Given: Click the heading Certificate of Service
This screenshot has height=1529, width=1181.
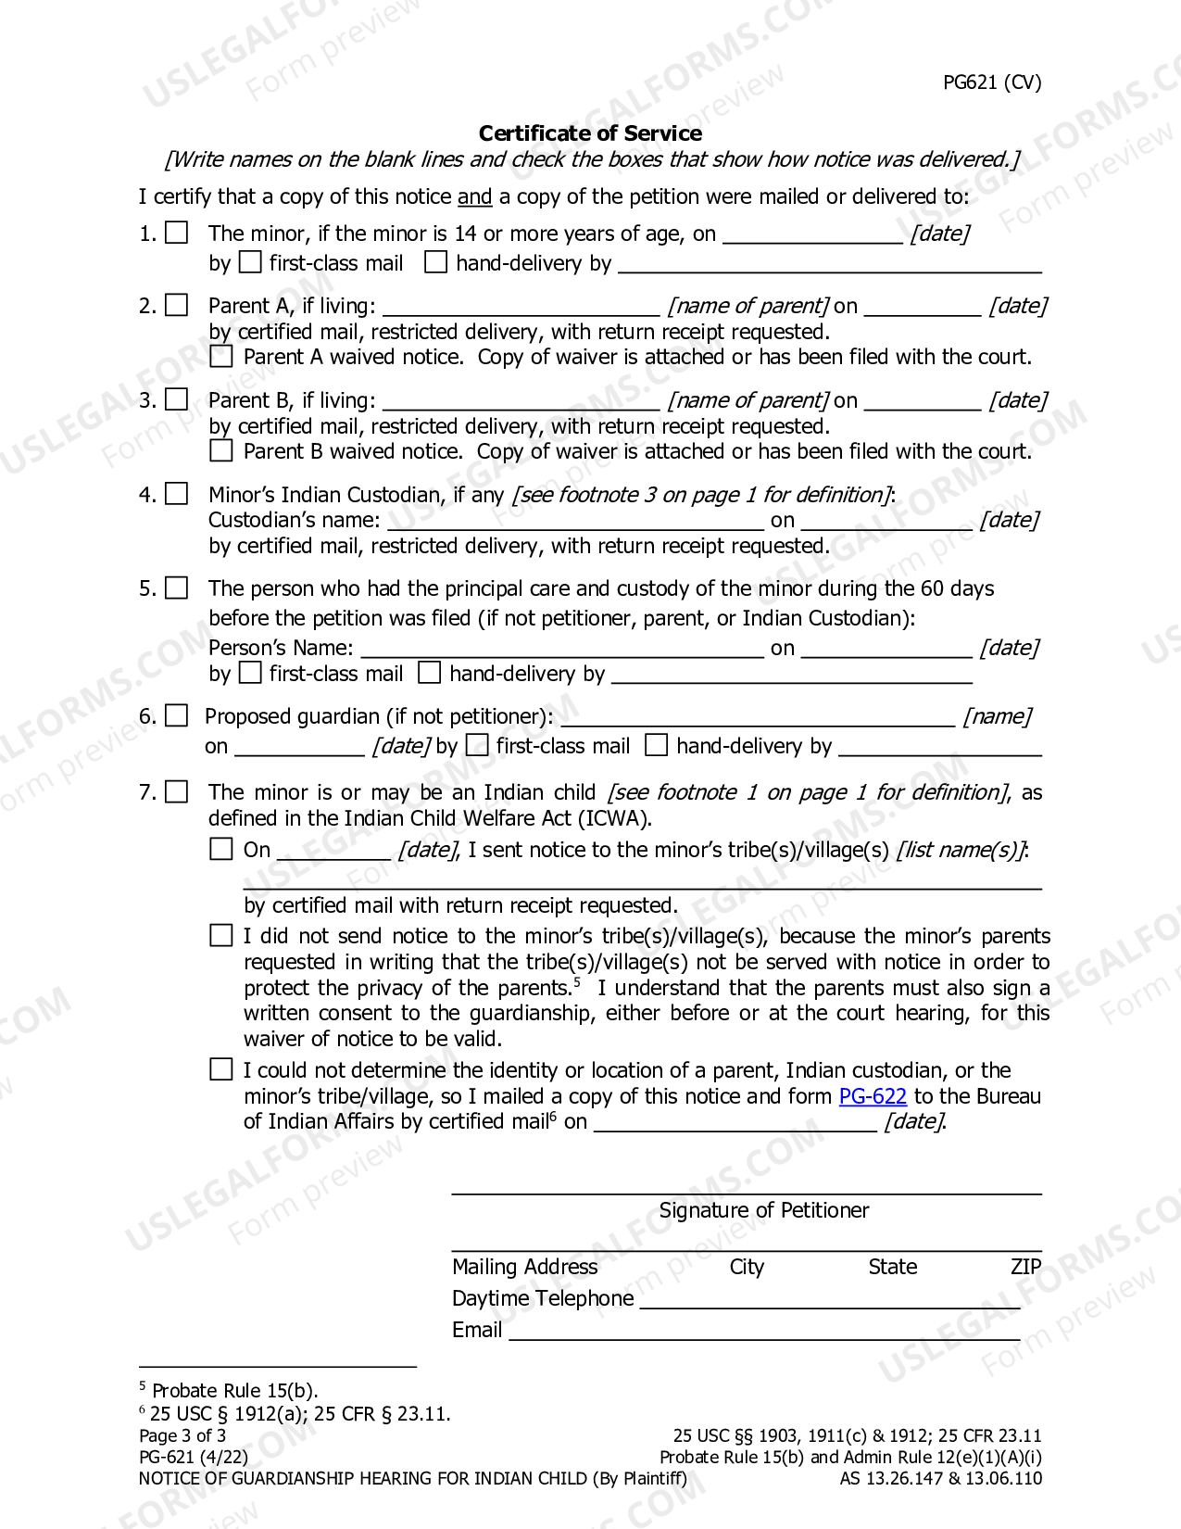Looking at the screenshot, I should [590, 133].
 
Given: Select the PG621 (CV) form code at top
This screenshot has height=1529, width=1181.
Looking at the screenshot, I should [992, 82].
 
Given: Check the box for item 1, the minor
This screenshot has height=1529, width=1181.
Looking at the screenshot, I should [177, 233].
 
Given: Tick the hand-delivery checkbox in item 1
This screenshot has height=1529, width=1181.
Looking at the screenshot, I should [435, 262].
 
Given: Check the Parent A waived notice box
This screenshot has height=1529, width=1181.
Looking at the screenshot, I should [221, 357].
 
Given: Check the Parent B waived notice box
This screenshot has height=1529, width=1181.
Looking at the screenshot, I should [221, 451].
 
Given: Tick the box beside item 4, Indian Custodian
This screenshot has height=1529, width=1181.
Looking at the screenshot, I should [177, 494].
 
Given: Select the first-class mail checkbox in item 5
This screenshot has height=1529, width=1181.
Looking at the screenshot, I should [250, 673].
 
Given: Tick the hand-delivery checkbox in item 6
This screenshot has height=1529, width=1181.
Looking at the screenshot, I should [656, 745].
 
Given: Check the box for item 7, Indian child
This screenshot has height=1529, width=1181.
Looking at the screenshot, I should [177, 792].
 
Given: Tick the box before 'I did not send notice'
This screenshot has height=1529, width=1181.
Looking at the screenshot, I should [221, 936].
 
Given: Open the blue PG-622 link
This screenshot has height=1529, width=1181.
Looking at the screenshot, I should [873, 1096].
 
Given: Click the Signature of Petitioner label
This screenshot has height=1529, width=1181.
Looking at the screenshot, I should [764, 1210].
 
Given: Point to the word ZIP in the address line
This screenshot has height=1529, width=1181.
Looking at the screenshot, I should [1026, 1267].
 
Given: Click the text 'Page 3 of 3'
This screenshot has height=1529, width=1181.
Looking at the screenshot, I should [182, 1435].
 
